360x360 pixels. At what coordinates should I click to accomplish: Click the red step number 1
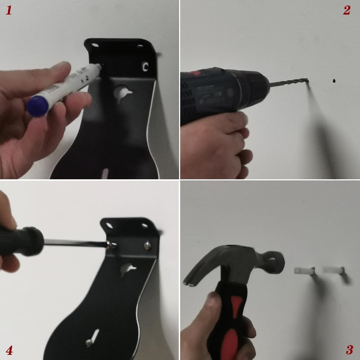click(x=9, y=10)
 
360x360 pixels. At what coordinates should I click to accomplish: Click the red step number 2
click(x=347, y=10)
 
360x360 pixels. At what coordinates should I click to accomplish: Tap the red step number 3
click(x=350, y=350)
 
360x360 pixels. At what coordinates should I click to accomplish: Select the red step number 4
click(x=9, y=350)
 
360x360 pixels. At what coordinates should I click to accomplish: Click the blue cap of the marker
click(x=37, y=106)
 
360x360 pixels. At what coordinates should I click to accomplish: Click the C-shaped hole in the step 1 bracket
click(x=145, y=67)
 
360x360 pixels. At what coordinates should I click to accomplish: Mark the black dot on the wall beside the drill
click(x=334, y=81)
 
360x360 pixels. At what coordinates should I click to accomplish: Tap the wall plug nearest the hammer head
click(x=304, y=271)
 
